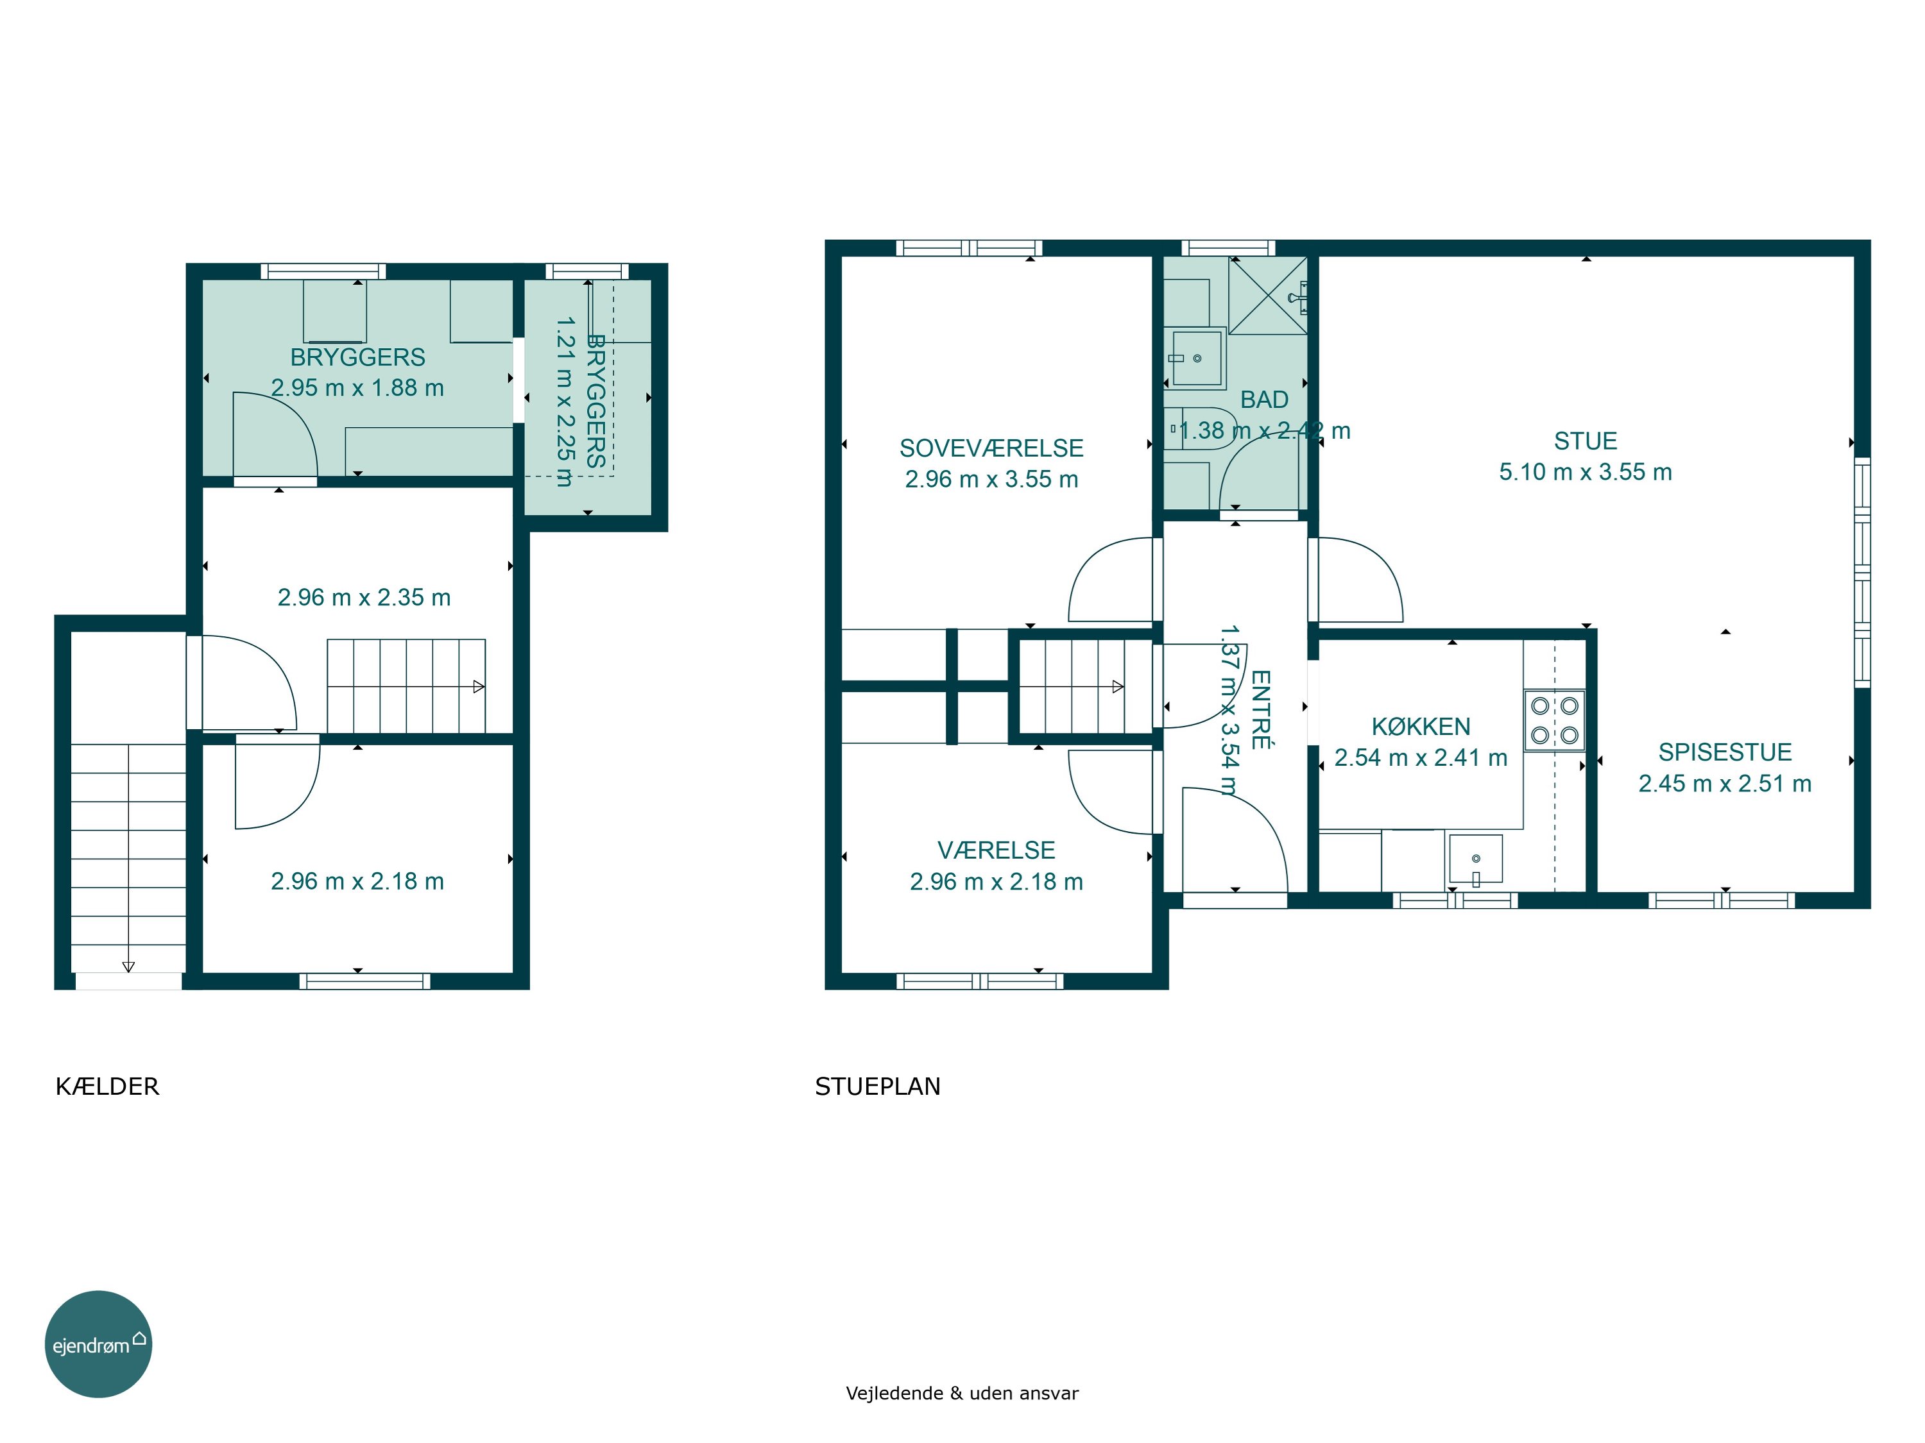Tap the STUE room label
pyautogui.click(x=1586, y=441)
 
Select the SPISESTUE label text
pyautogui.click(x=1725, y=752)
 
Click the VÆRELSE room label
pyautogui.click(x=997, y=850)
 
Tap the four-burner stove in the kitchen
pyautogui.click(x=1554, y=720)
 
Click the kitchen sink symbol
pyautogui.click(x=1475, y=859)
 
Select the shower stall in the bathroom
pyautogui.click(x=1268, y=295)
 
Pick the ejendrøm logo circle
pyautogui.click(x=98, y=1344)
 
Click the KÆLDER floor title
pyautogui.click(x=107, y=1086)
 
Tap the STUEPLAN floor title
pyautogui.click(x=877, y=1086)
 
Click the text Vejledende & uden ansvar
pyautogui.click(x=962, y=1392)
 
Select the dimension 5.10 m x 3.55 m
pyautogui.click(x=1586, y=471)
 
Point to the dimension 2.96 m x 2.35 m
pyautogui.click(x=364, y=598)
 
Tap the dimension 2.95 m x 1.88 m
pyautogui.click(x=357, y=388)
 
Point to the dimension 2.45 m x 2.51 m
pyautogui.click(x=1725, y=783)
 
